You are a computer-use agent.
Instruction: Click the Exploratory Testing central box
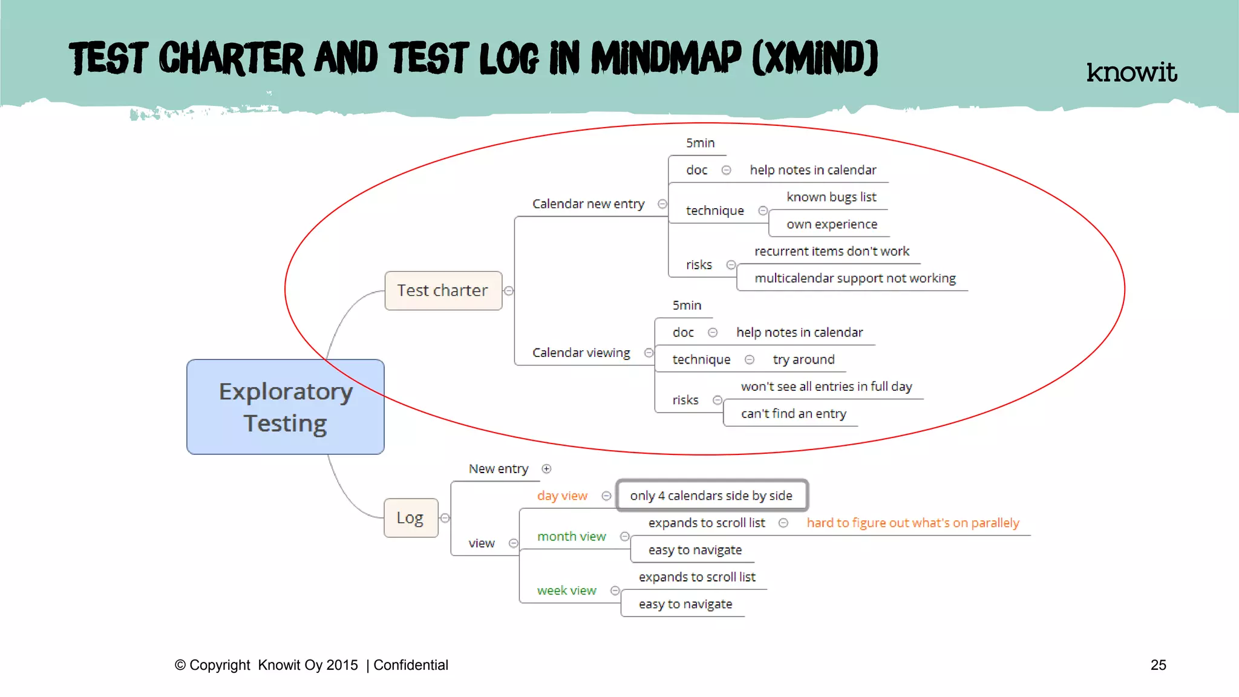click(285, 407)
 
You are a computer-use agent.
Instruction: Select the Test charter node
click(443, 290)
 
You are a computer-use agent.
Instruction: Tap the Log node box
click(410, 518)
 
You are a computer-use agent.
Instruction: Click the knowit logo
click(1131, 72)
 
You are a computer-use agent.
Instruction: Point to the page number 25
click(1158, 665)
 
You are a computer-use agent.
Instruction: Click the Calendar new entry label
click(588, 204)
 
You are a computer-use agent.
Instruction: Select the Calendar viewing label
click(581, 353)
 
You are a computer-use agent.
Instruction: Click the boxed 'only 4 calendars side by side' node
click(711, 496)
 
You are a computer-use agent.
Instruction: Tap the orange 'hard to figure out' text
click(912, 523)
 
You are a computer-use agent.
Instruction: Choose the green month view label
click(571, 537)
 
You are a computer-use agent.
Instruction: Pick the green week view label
click(566, 591)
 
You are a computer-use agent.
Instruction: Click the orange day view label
click(562, 496)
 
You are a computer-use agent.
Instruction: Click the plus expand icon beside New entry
click(546, 469)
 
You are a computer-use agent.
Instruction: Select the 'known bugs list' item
click(831, 197)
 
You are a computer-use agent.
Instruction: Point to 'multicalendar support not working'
click(855, 278)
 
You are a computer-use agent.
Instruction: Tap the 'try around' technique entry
click(803, 360)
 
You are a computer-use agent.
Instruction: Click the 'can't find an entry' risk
click(793, 414)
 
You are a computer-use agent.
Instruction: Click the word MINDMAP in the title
click(665, 59)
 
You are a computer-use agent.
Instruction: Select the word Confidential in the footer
click(411, 665)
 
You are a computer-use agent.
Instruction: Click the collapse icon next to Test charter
click(509, 291)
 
